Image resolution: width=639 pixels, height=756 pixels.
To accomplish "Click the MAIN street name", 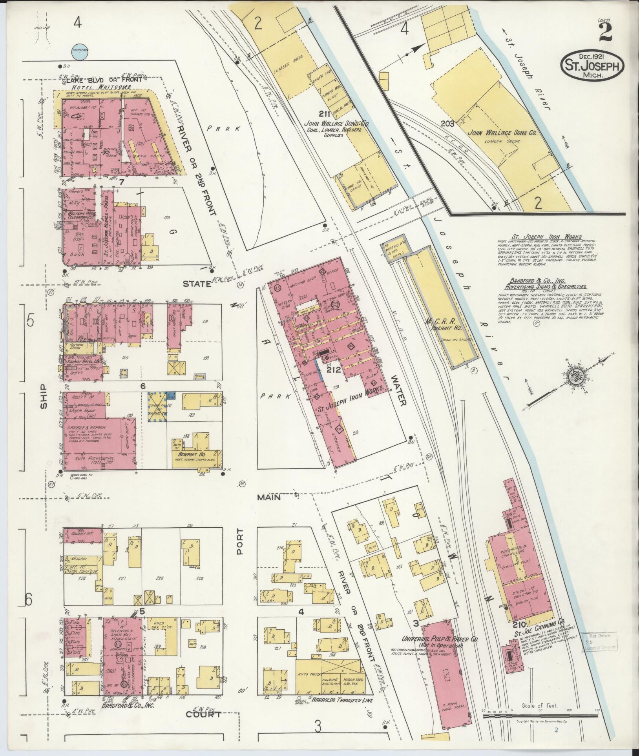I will tap(269, 497).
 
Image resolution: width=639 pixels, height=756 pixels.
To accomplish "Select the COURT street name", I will tap(203, 714).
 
